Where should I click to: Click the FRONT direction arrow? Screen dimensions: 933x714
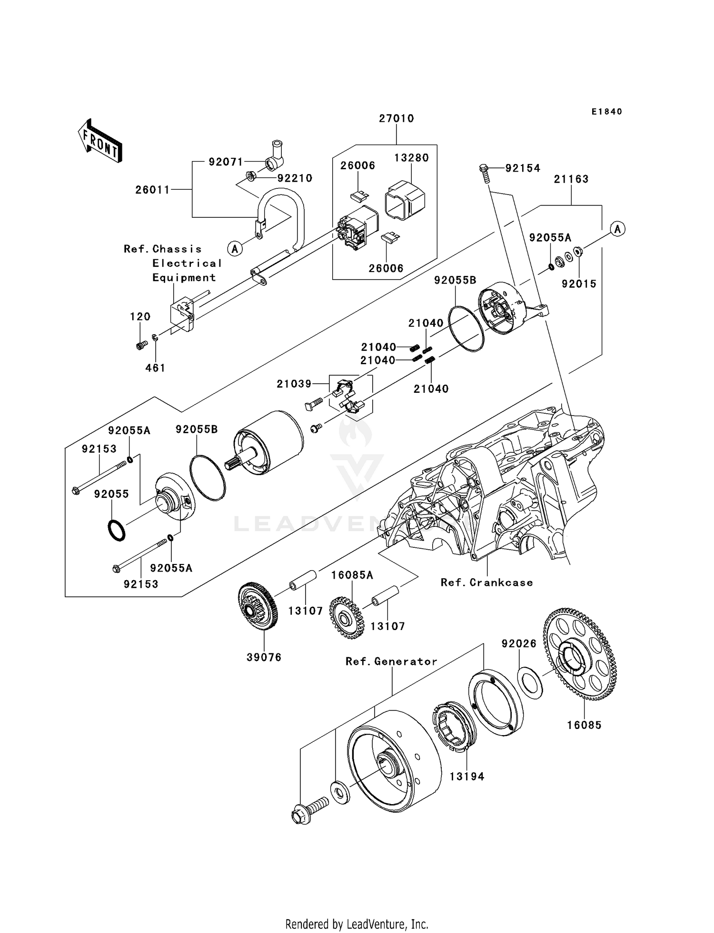click(100, 141)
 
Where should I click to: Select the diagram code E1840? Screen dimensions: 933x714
click(606, 112)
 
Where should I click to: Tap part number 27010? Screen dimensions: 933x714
click(396, 118)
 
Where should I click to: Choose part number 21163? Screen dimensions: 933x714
click(571, 179)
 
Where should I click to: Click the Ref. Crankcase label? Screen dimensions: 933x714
click(486, 583)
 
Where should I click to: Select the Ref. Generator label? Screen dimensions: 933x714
click(391, 661)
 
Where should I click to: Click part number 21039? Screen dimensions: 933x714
click(294, 383)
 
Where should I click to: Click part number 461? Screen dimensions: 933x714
click(155, 368)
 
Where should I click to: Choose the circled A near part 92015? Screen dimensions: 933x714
click(617, 229)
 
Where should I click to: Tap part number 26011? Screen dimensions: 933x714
click(152, 190)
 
